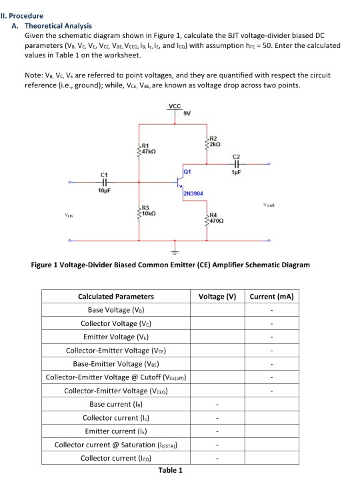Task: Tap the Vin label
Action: click(x=69, y=214)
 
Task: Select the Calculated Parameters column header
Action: click(x=116, y=296)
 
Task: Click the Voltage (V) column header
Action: click(x=217, y=296)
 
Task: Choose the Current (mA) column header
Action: click(x=272, y=296)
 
